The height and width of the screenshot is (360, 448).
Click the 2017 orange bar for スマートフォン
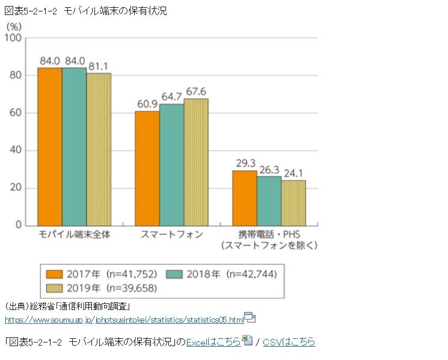(147, 168)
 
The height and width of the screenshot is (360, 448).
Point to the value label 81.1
(99, 66)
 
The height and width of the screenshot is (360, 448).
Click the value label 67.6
(196, 92)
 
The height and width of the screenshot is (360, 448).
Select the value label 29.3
(245, 163)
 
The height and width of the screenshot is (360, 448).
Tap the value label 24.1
(293, 173)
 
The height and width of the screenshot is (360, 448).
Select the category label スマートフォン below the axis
(172, 234)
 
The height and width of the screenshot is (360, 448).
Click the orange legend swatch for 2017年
(55, 274)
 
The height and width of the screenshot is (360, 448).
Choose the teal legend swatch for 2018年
(175, 274)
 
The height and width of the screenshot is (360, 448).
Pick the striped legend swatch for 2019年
(55, 287)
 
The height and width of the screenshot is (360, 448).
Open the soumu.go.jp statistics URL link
(124, 319)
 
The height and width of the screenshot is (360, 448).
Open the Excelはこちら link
(213, 342)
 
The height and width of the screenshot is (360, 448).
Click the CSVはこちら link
(289, 342)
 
